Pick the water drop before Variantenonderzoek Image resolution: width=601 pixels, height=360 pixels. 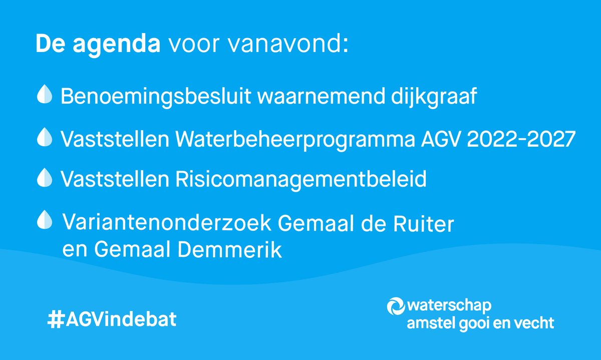[45, 219]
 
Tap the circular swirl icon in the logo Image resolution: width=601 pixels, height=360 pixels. [396, 306]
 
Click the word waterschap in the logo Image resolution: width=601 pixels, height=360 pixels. [449, 306]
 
